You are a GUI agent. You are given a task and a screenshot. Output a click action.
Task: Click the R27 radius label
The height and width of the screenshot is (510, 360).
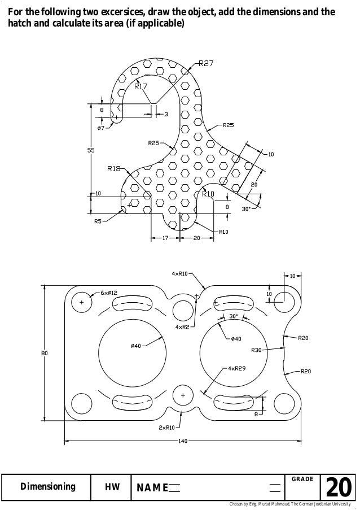[205, 64]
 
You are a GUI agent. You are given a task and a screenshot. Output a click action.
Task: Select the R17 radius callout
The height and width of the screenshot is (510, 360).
[141, 86]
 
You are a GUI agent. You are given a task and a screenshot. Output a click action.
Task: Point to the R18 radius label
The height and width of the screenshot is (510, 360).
[114, 168]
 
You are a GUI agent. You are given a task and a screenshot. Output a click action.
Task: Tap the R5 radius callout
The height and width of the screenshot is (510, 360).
[98, 221]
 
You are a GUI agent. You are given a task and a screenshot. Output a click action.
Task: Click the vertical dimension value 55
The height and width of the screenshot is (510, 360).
[90, 150]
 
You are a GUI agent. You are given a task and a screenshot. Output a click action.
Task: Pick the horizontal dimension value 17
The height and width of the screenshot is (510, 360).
[165, 238]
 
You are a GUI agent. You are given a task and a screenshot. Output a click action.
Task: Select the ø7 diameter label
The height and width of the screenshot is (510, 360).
[101, 128]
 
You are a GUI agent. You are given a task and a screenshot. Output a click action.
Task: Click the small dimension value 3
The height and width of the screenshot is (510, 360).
[165, 115]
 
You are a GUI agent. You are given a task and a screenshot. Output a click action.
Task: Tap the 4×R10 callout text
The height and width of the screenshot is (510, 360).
[179, 274]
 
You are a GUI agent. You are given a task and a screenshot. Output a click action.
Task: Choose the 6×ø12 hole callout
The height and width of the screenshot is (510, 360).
[109, 293]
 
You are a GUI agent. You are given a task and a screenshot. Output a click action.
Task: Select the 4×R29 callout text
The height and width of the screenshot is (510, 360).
[236, 368]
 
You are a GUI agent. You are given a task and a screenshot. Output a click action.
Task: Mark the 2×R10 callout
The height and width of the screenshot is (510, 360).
[166, 428]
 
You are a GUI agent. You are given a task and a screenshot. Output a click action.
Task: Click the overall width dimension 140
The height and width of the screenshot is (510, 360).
[182, 441]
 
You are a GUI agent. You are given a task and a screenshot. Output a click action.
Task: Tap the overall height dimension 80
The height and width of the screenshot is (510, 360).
[44, 353]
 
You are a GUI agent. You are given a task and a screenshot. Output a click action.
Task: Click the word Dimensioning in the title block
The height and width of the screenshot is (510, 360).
[48, 487]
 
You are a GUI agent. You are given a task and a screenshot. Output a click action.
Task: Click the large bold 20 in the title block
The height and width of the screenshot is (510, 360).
[339, 487]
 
